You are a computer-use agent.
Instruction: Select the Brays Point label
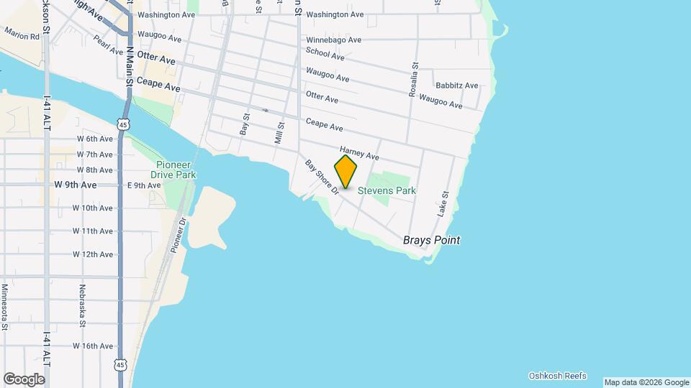click(431, 241)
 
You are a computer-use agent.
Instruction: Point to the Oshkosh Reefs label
click(557, 376)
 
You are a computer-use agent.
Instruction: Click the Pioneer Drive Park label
click(173, 169)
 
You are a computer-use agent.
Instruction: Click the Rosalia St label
click(414, 78)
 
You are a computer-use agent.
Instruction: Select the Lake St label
click(443, 204)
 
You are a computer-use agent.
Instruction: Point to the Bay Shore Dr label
click(322, 177)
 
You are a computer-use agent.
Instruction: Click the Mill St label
click(279, 132)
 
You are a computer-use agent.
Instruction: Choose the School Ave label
click(325, 54)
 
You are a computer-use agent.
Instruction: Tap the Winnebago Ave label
click(333, 40)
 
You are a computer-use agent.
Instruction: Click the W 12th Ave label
click(93, 254)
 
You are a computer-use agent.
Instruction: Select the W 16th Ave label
click(93, 346)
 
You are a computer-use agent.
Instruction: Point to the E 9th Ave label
click(144, 185)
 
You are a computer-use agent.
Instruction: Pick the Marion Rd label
click(22, 34)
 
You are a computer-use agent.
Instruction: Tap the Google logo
click(24, 379)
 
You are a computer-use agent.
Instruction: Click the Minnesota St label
click(4, 307)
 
